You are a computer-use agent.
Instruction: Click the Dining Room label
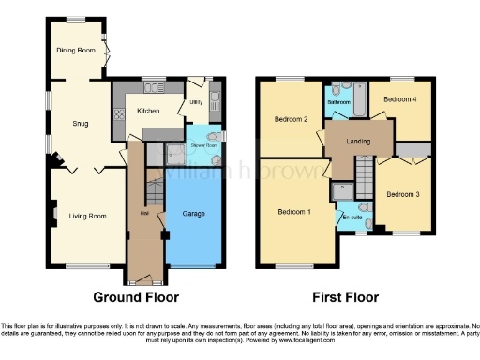coord(76,51)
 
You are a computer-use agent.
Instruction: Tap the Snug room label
coord(81,123)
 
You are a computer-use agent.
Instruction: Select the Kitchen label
coord(148,111)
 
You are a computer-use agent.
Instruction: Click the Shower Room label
coord(203,145)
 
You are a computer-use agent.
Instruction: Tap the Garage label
coord(193,214)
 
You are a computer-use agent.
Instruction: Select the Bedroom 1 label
coord(293,211)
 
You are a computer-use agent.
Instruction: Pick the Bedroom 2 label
coord(292,119)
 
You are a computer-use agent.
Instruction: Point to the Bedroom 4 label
coord(400,98)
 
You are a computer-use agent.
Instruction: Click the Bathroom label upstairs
coord(337,91)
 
